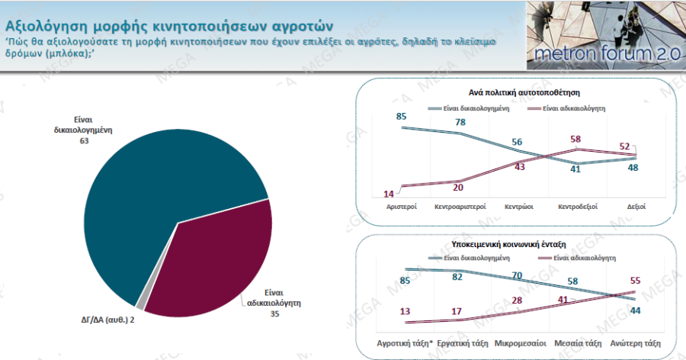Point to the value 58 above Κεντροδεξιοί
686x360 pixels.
coord(575,139)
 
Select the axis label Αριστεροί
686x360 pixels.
coord(400,207)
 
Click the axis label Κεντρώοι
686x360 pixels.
coord(518,207)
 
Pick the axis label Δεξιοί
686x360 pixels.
coord(635,207)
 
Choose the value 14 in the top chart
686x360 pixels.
coord(389,194)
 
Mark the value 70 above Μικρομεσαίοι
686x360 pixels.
coord(518,275)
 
